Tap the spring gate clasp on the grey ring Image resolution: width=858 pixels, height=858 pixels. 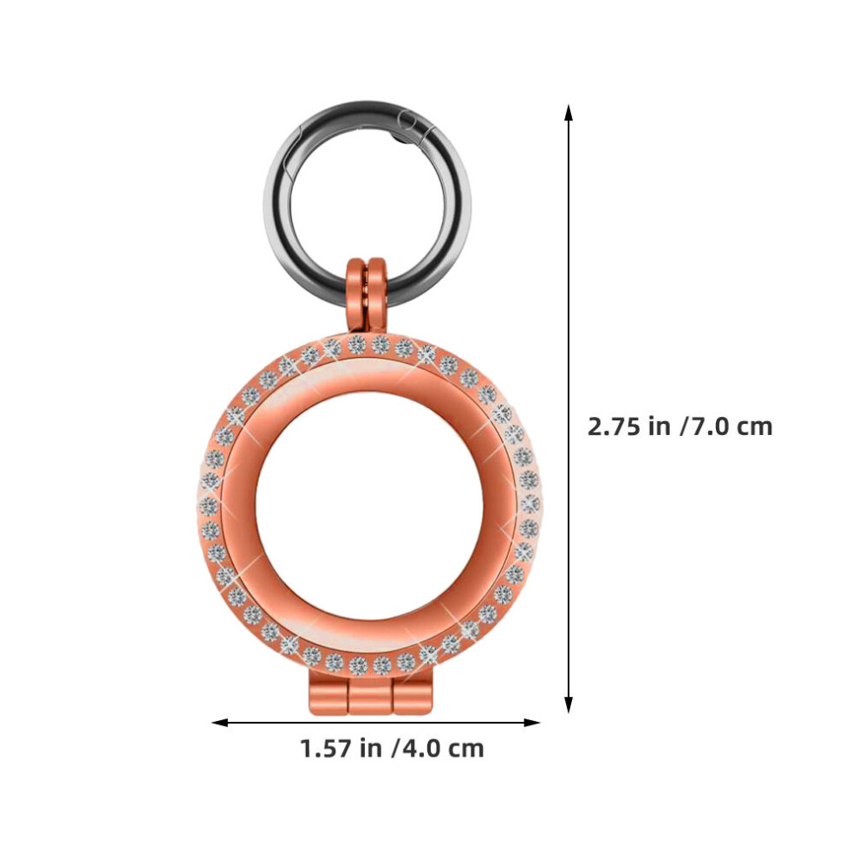click(x=414, y=127)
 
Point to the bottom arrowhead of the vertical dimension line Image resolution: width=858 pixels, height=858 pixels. click(x=569, y=705)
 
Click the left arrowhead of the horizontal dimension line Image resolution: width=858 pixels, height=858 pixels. click(x=220, y=723)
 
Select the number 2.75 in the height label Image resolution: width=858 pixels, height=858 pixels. click(x=614, y=426)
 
